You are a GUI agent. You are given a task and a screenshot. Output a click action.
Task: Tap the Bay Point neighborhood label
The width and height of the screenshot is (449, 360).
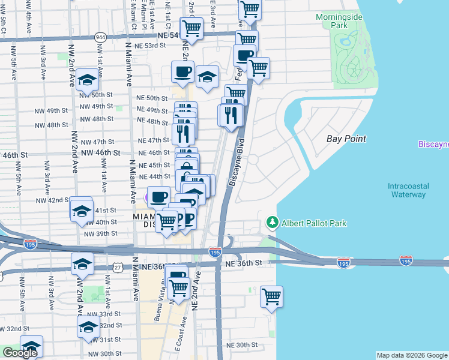pos(346,139)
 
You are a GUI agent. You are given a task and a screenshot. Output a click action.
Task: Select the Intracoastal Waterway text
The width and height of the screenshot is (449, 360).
pos(408,190)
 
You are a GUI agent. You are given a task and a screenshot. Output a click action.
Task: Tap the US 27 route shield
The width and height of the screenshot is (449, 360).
pos(118,266)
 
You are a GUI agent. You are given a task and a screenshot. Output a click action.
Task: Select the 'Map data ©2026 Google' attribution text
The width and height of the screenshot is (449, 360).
pos(412,355)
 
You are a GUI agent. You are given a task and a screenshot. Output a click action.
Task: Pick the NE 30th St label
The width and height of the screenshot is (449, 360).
pos(241,345)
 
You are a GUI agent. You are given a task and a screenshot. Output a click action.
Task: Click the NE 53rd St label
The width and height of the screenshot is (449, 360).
pos(151,46)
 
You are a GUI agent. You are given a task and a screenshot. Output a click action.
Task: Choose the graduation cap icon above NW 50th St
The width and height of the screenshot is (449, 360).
pos(87,80)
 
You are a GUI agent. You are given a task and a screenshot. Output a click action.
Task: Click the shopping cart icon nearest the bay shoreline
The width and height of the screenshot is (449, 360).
pos(271,296)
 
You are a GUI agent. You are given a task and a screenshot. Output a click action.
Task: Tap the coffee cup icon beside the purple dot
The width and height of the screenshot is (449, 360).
pos(158,196)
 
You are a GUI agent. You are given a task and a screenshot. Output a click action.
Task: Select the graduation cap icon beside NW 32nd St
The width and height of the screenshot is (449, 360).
pos(88,327)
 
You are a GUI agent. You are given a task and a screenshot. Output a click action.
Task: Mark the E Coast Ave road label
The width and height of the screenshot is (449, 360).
pos(178,335)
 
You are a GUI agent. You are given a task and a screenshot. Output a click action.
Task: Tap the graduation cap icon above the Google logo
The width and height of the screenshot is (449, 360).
pos(31,346)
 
